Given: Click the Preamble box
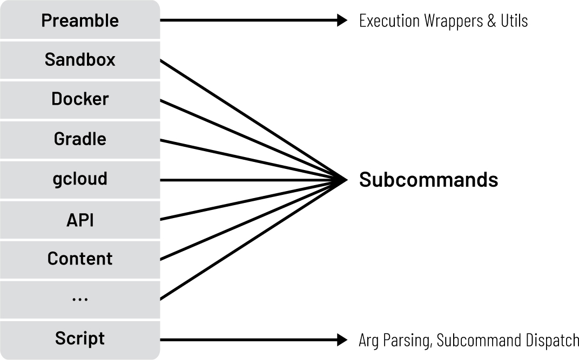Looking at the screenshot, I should tap(80, 21).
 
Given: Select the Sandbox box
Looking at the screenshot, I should tap(80, 59).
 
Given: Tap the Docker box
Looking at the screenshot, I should tap(80, 99).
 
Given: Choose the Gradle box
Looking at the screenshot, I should tap(80, 139).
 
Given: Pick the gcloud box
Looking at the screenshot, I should tap(80, 179).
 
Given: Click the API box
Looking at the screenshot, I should tap(80, 219).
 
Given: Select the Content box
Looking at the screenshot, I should tap(80, 259).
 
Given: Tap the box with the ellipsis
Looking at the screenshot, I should tap(80, 299).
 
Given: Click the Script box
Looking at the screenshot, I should tap(80, 339).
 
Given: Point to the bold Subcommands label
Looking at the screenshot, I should tap(428, 180).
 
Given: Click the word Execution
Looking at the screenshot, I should tap(389, 21).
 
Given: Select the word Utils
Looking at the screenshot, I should tap(513, 21).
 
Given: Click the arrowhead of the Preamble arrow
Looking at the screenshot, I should tap(342, 21).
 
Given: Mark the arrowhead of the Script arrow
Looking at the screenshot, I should tap(342, 339).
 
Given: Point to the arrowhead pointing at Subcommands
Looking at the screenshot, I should tap(342, 180).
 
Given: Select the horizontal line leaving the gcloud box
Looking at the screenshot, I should tap(243, 180).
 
